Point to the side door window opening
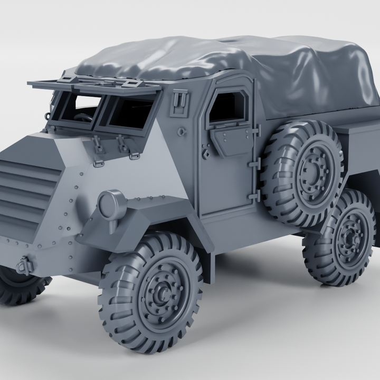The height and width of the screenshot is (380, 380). (227, 108)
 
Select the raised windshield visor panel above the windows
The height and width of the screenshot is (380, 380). (95, 86)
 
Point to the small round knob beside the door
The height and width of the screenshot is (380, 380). (182, 131)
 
